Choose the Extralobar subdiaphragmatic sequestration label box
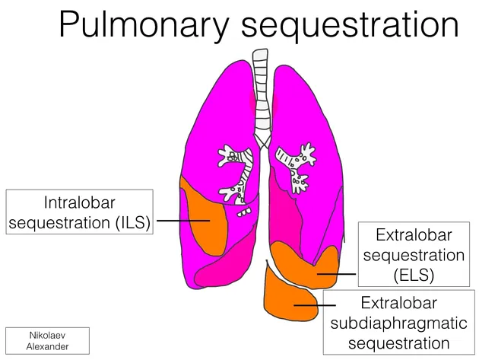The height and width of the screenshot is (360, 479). tap(400, 322)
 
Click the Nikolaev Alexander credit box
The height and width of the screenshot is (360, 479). tap(46, 340)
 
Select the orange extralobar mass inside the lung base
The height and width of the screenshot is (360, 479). tap(304, 263)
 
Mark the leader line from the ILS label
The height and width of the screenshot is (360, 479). tap(182, 221)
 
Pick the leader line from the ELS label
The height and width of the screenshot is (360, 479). tap(336, 273)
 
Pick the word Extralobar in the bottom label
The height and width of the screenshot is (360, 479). tap(400, 302)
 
